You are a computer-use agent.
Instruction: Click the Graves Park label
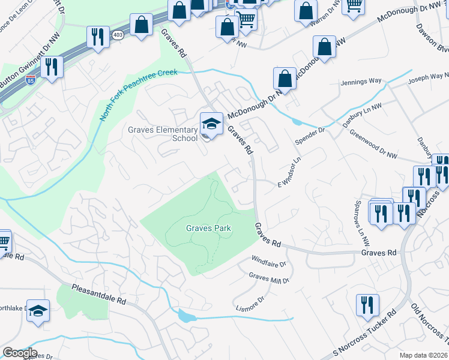208,228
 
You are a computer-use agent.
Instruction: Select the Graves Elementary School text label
163,134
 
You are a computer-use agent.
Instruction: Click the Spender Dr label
309,137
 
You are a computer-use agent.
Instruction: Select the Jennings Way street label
361,81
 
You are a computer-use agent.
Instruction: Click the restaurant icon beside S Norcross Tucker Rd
367,305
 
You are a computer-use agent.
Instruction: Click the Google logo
20,353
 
